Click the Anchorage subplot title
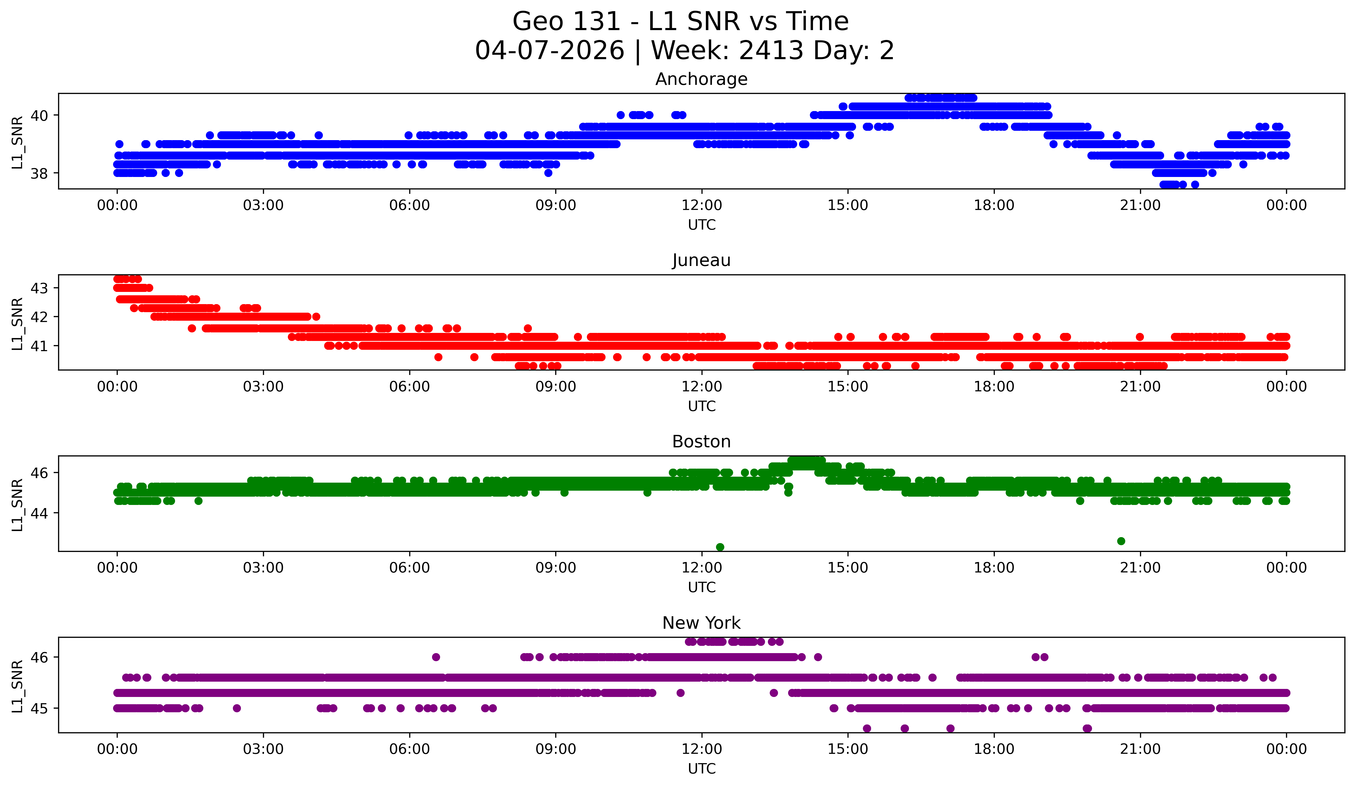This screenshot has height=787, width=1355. [701, 79]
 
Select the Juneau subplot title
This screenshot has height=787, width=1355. [701, 260]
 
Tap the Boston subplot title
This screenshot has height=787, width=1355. [701, 442]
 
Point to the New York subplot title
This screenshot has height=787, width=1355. [701, 623]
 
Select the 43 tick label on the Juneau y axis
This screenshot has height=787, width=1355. [39, 288]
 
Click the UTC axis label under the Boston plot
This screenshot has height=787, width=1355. [701, 587]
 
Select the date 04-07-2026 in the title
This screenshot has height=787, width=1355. [550, 51]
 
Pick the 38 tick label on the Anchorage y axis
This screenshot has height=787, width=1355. [39, 173]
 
